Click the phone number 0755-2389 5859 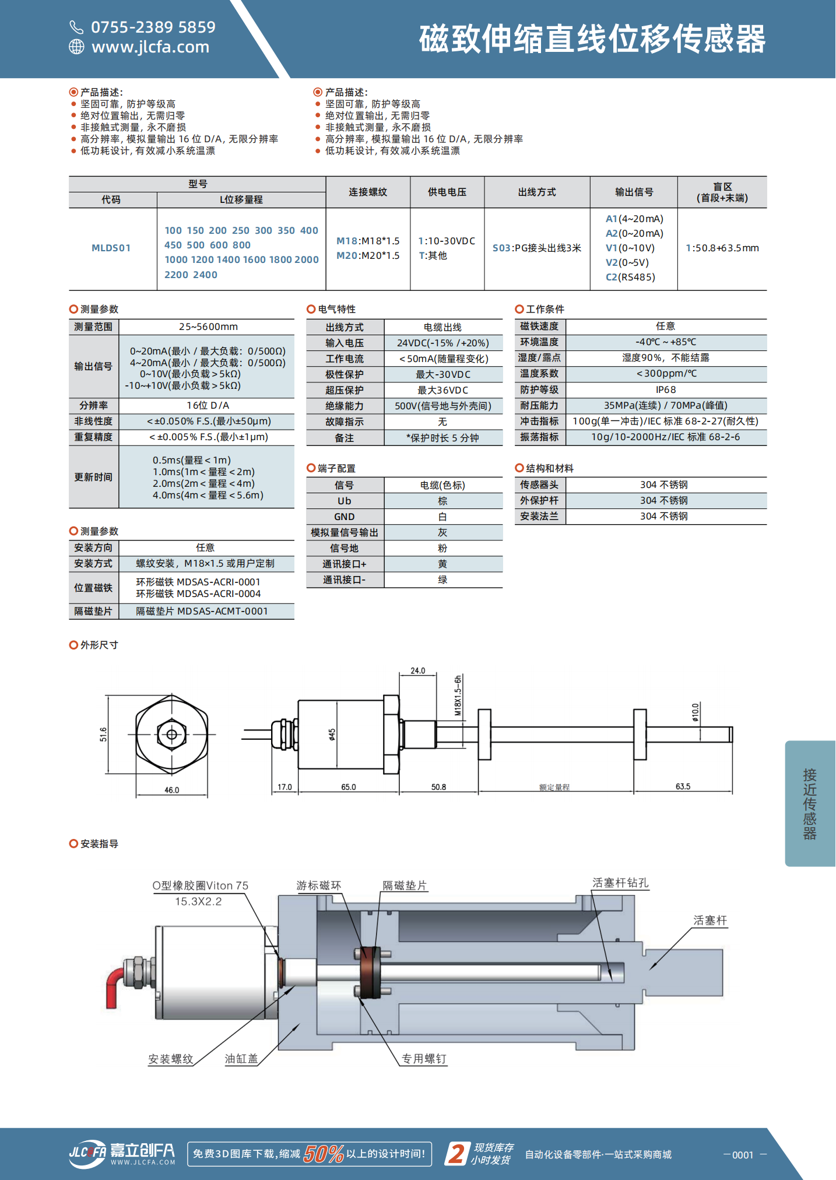pyautogui.click(x=153, y=27)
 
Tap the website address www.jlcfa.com pyautogui.click(x=150, y=47)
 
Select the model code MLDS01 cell pyautogui.click(x=111, y=248)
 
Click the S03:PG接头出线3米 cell pyautogui.click(x=537, y=248)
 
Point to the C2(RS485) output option pyautogui.click(x=630, y=278)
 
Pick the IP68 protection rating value pyautogui.click(x=666, y=390)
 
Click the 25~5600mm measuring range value pyautogui.click(x=208, y=327)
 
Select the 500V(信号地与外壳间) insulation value pyautogui.click(x=443, y=406)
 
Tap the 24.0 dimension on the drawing pyautogui.click(x=418, y=671)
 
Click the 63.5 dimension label pyautogui.click(x=683, y=787)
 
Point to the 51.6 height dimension pyautogui.click(x=104, y=735)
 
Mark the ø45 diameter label pyautogui.click(x=332, y=735)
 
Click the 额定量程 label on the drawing pyautogui.click(x=554, y=788)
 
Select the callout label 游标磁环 pyautogui.click(x=319, y=886)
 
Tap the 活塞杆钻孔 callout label pyautogui.click(x=620, y=883)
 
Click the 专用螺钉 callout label pyautogui.click(x=424, y=1059)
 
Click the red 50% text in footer pyautogui.click(x=324, y=1154)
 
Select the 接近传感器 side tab pyautogui.click(x=810, y=804)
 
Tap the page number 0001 pyautogui.click(x=743, y=1155)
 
